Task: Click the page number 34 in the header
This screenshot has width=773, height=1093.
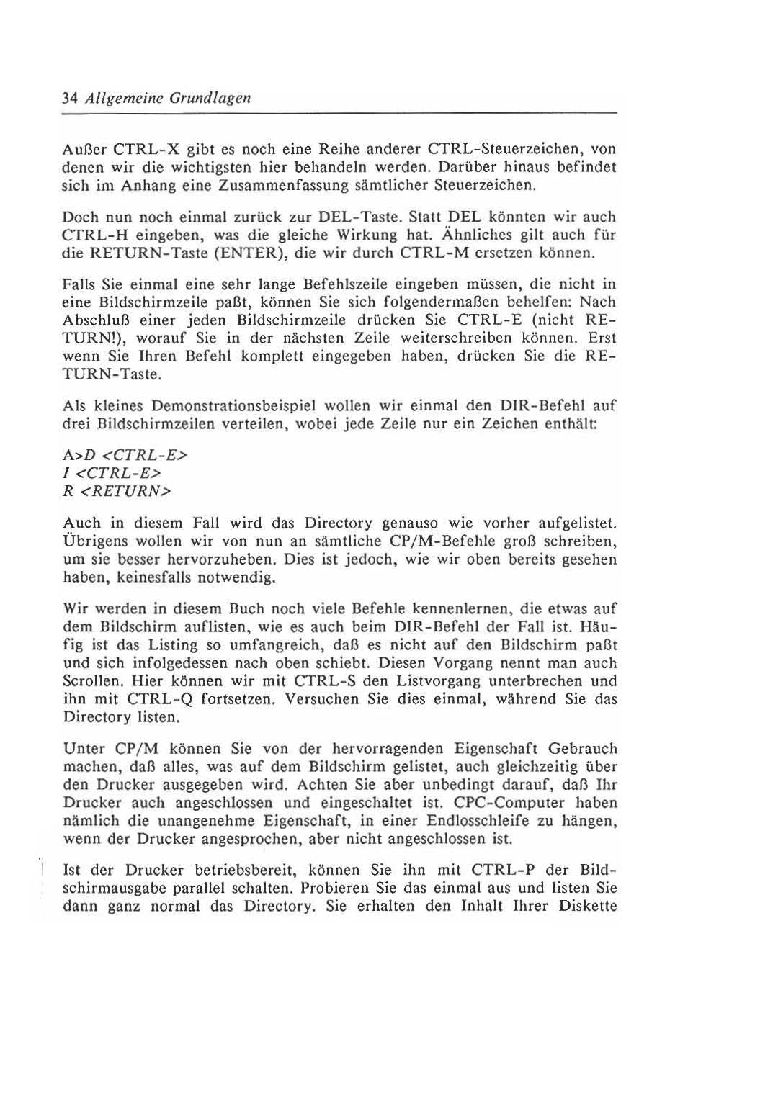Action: [x=70, y=98]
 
